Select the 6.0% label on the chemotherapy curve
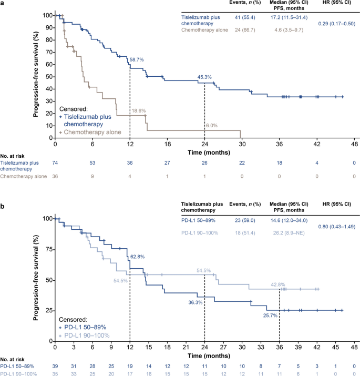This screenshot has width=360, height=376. (x=211, y=125)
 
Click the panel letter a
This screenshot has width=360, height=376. (x=3, y=4)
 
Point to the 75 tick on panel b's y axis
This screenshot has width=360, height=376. (x=47, y=249)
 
